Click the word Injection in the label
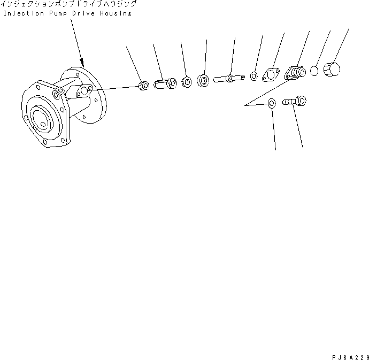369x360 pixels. tap(24, 13)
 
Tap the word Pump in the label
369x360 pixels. tap(58, 14)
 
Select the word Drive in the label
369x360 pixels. tap(83, 13)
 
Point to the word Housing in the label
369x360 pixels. tap(116, 14)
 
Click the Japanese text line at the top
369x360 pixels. tap(68, 4)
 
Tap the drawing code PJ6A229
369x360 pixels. tap(350, 357)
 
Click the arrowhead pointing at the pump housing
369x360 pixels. tap(82, 63)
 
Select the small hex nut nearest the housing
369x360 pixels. tap(144, 86)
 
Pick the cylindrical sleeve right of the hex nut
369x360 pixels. tap(165, 83)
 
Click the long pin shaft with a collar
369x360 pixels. tap(229, 78)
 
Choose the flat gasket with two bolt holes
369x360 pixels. tap(271, 75)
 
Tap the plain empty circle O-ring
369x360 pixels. tap(314, 71)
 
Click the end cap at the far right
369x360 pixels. tap(332, 69)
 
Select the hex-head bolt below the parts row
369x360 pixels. tap(295, 102)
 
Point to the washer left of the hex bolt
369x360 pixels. tap(272, 103)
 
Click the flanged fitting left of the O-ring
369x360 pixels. tap(295, 73)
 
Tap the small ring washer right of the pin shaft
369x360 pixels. tap(253, 76)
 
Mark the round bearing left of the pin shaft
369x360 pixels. tap(203, 81)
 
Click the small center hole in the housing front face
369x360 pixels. tap(43, 124)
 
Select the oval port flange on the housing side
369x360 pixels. tap(84, 91)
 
